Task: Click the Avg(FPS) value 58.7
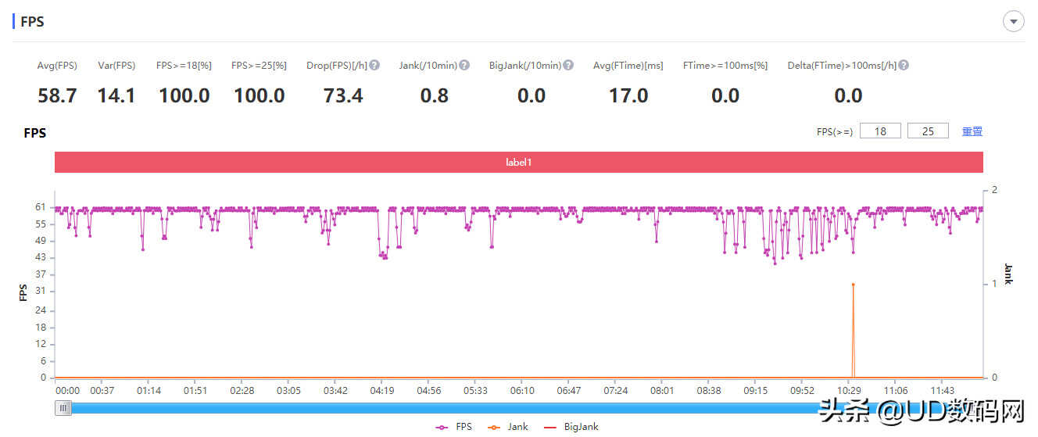pyautogui.click(x=57, y=96)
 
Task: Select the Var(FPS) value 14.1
pyautogui.click(x=116, y=96)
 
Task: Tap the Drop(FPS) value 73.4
pyautogui.click(x=343, y=96)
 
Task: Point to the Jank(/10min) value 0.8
pyautogui.click(x=435, y=96)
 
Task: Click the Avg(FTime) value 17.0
pyautogui.click(x=628, y=96)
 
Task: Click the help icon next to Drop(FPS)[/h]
pyautogui.click(x=374, y=65)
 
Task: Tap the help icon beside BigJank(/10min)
pyautogui.click(x=568, y=65)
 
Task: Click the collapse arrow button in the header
pyautogui.click(x=1014, y=22)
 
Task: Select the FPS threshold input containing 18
pyautogui.click(x=880, y=131)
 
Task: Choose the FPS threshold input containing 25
pyautogui.click(x=928, y=131)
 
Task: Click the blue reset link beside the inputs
pyautogui.click(x=972, y=131)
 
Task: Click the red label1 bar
pyautogui.click(x=518, y=163)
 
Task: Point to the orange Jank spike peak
pyautogui.click(x=853, y=285)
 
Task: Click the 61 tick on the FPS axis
pyautogui.click(x=40, y=207)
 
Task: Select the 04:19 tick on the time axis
pyautogui.click(x=381, y=390)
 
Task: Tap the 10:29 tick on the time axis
pyautogui.click(x=850, y=390)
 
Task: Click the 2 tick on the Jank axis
pyautogui.click(x=994, y=190)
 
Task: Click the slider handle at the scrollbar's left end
pyautogui.click(x=63, y=407)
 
